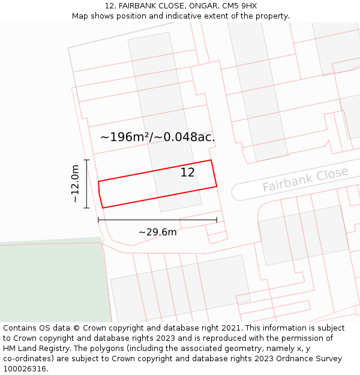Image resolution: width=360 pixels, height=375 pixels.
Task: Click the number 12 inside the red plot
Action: click(x=188, y=173)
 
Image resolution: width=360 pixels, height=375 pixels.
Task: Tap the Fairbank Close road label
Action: click(x=305, y=180)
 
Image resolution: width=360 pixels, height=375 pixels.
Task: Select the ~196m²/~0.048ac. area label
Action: click(x=157, y=137)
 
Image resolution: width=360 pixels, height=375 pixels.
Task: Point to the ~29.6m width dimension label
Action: click(x=157, y=232)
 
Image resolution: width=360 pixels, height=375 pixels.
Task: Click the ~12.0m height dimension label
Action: click(x=75, y=184)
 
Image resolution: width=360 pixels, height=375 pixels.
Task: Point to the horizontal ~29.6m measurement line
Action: click(x=157, y=220)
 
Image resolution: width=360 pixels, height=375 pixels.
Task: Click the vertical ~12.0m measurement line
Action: click(x=87, y=184)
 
